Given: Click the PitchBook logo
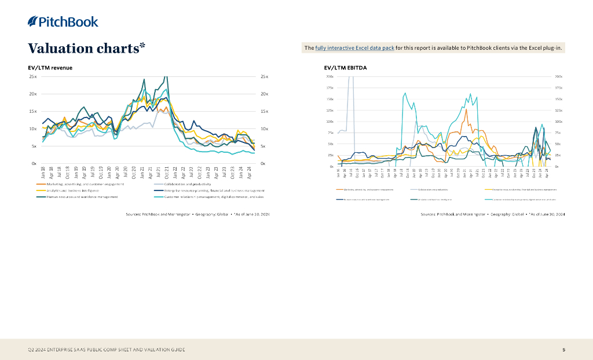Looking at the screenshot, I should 63,22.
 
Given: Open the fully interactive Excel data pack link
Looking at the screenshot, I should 354,48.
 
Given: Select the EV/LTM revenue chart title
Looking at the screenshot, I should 50,68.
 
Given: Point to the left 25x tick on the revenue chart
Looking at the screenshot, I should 33,76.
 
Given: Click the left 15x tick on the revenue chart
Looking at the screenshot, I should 33,111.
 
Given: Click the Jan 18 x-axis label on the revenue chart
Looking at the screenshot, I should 43,171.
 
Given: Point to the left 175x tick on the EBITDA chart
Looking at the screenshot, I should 330,88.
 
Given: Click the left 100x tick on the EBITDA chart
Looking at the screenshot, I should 330,122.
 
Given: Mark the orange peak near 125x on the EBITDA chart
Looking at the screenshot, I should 466,109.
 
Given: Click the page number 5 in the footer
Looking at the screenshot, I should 564,349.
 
